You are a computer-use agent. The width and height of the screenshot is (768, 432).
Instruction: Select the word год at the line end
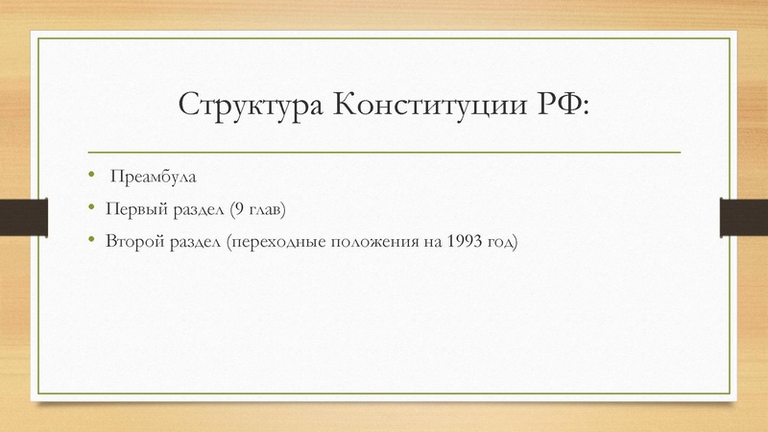click(x=502, y=241)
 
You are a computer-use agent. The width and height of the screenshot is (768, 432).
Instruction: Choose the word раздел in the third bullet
click(x=197, y=241)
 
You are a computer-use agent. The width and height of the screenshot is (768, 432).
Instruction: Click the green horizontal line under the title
click(x=384, y=153)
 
